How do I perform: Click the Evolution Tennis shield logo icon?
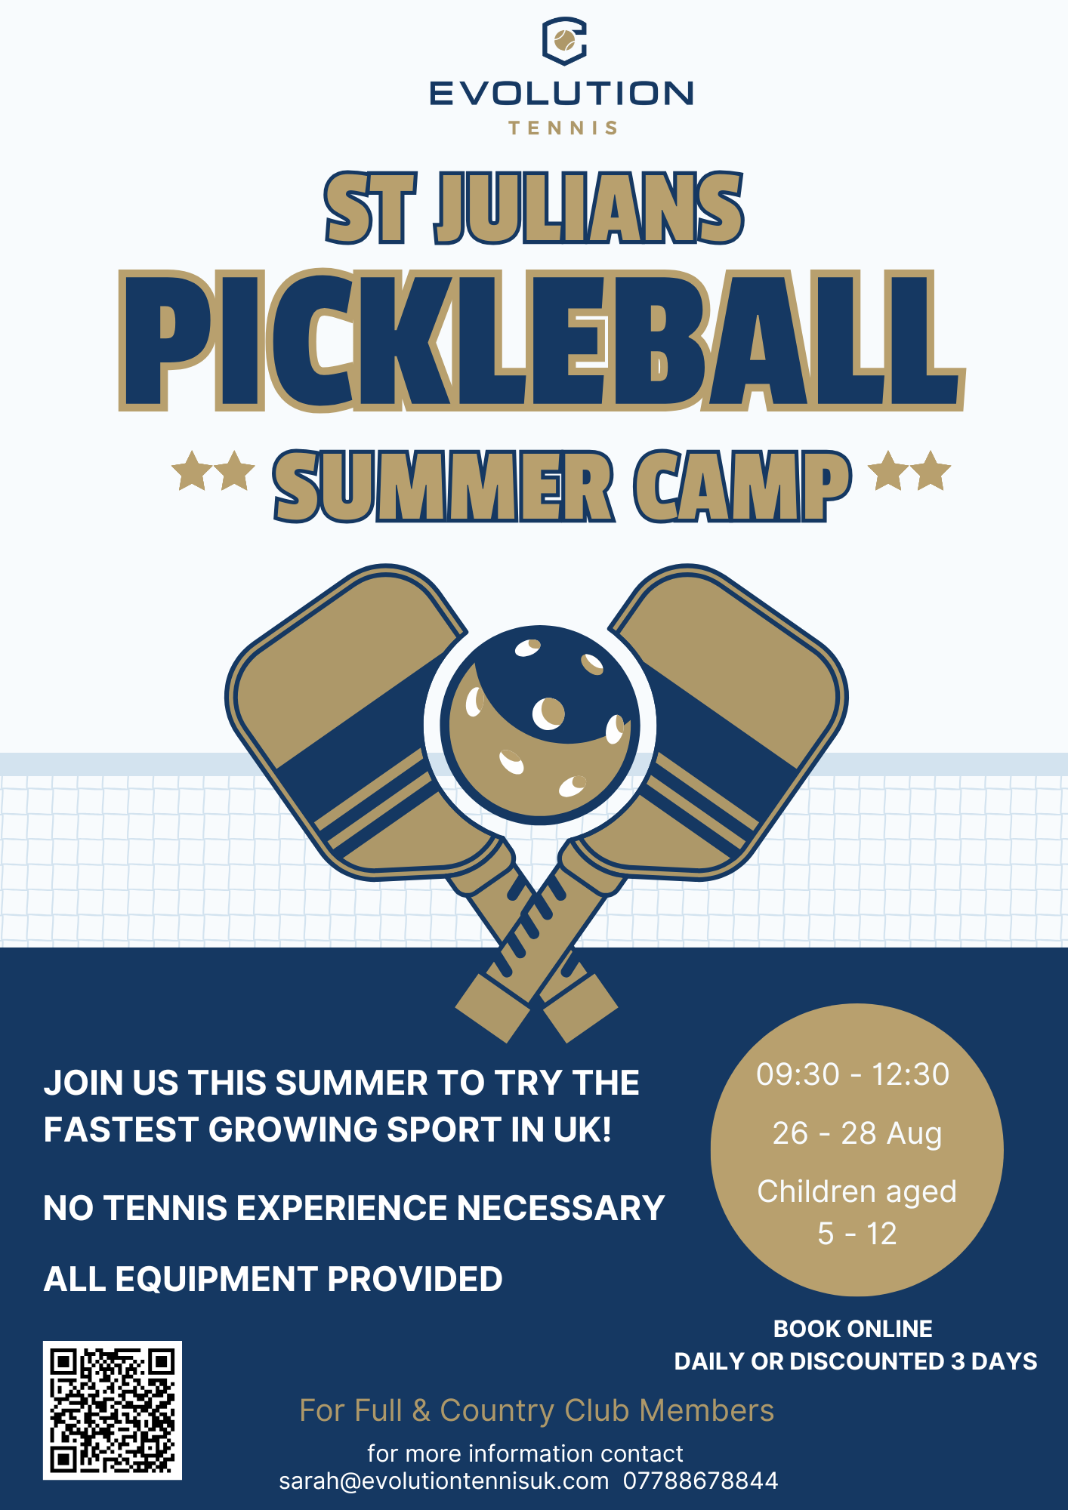pyautogui.click(x=564, y=41)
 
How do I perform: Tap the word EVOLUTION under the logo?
pyautogui.click(x=561, y=94)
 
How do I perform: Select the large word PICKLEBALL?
pyautogui.click(x=542, y=341)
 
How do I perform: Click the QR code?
pyautogui.click(x=113, y=1410)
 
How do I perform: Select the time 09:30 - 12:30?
pyautogui.click(x=853, y=1074)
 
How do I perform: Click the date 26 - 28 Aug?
pyautogui.click(x=857, y=1133)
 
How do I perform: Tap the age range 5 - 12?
pyautogui.click(x=857, y=1234)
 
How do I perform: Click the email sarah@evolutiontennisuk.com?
pyautogui.click(x=444, y=1481)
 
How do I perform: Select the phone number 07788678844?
pyautogui.click(x=700, y=1481)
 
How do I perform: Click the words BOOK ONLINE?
pyautogui.click(x=853, y=1329)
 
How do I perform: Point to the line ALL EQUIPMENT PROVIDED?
pyautogui.click(x=273, y=1279)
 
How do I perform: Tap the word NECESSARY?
pyautogui.click(x=560, y=1208)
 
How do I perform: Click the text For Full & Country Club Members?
pyautogui.click(x=537, y=1411)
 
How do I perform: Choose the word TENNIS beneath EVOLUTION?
pyautogui.click(x=563, y=128)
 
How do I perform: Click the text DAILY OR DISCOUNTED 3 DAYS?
pyautogui.click(x=856, y=1361)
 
